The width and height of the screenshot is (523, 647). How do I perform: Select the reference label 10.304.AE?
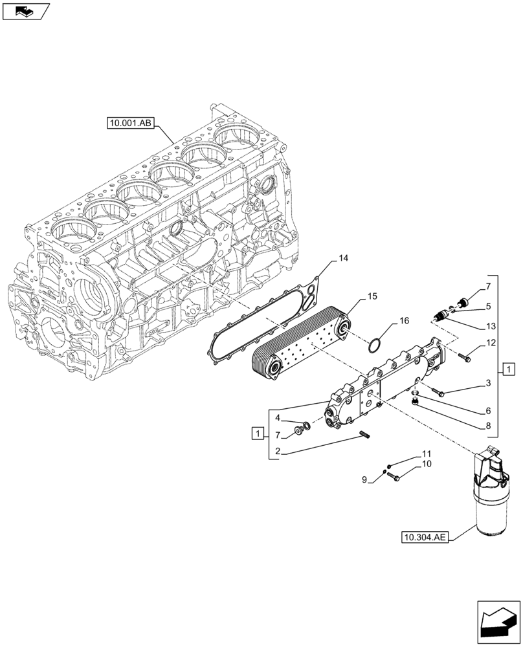424,536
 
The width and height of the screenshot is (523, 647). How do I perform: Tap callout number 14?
343,258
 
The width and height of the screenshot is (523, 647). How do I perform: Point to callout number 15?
372,296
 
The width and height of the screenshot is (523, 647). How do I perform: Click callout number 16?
404,320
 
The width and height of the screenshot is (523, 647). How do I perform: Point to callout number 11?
427,454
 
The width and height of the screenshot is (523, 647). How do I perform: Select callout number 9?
364,479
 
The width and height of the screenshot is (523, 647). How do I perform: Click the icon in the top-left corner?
26,10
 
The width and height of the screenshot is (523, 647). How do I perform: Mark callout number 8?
488,426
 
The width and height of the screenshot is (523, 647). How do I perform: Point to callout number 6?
488,411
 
